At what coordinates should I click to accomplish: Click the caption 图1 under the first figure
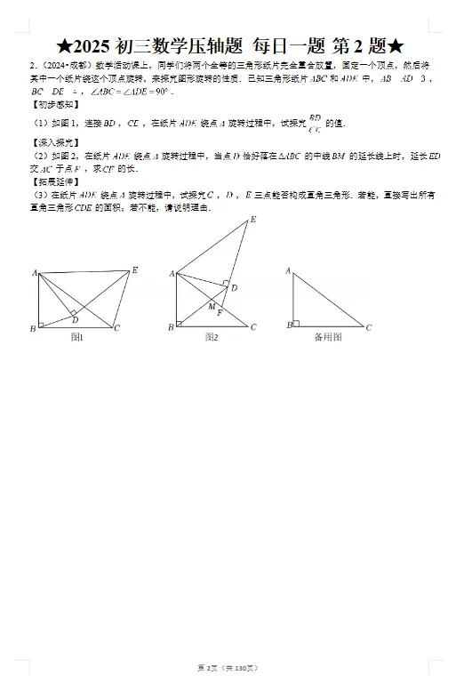pos(76,337)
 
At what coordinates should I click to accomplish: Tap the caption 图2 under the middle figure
pos(212,337)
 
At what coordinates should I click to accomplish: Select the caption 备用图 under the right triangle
pos(327,337)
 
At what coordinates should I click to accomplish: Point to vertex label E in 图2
pos(252,219)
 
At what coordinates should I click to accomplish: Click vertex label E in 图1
pos(134,269)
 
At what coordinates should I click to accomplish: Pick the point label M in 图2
pos(212,306)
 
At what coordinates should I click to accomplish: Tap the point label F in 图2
pos(220,314)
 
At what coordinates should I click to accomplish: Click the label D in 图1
pos(76,319)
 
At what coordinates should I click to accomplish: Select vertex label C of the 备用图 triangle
pos(369,327)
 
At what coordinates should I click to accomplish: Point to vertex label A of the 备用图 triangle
pos(288,269)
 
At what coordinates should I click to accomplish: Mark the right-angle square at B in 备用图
pos(296,324)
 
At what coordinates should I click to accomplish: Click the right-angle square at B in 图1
pos(42,324)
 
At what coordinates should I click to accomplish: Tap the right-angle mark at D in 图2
pos(226,287)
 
